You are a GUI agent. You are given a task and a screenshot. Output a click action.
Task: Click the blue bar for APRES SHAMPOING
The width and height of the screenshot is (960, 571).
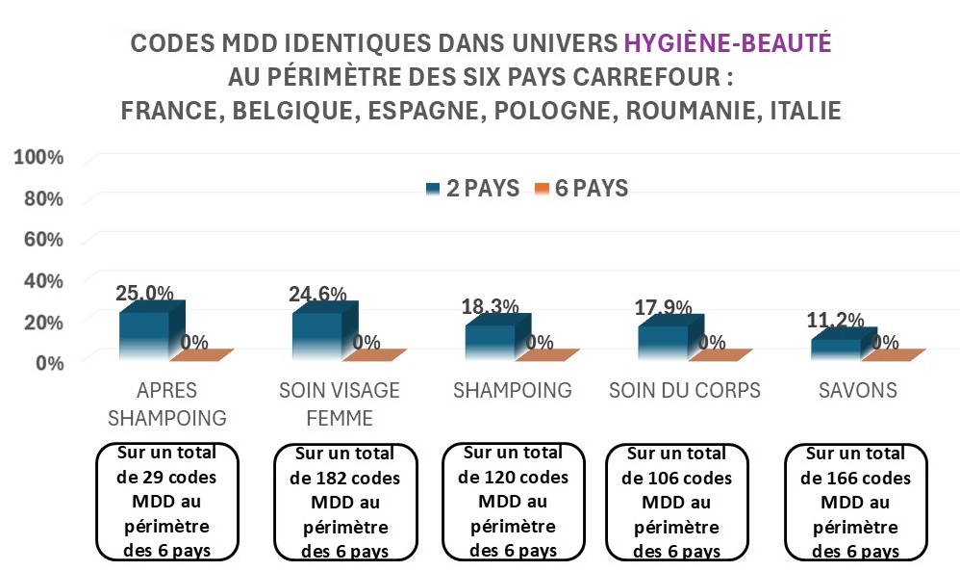coord(144,335)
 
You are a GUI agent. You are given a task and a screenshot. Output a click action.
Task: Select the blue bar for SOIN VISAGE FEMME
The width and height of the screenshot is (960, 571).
coord(317,335)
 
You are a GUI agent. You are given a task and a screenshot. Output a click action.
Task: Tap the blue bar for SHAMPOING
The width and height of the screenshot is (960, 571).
coord(491,342)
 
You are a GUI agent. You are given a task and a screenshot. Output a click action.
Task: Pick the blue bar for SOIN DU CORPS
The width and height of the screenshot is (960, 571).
coord(664,342)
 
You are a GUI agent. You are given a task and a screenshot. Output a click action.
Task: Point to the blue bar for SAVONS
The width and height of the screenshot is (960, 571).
coord(835,349)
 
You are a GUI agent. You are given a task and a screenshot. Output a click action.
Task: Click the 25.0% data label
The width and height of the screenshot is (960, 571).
coord(144,294)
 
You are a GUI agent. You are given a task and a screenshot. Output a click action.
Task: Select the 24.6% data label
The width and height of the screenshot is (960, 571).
coord(316,295)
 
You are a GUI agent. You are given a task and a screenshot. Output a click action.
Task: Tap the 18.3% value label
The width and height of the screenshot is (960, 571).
coord(490,307)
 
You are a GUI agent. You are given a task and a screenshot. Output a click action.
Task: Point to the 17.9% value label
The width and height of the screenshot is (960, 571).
coord(663,308)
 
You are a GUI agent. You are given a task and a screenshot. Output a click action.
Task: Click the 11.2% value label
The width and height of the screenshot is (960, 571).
coord(836,322)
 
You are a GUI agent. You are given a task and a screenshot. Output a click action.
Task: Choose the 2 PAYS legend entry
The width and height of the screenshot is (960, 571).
coord(472,189)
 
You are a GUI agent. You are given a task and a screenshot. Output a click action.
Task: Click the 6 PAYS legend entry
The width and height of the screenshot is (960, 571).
coord(581,189)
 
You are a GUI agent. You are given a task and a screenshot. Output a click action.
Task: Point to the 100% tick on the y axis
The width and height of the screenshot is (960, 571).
coord(39,158)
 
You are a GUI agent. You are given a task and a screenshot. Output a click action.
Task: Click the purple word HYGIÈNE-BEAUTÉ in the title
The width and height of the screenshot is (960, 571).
coord(727,43)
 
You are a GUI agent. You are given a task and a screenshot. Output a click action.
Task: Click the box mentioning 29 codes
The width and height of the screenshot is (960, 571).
coord(167,501)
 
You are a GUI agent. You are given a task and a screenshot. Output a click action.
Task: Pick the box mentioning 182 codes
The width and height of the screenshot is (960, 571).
coord(345,502)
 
